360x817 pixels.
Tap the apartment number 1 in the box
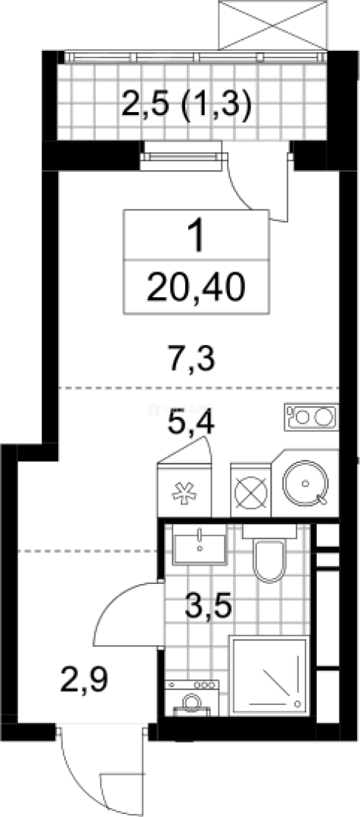tap(197, 238)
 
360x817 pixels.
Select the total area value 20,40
tap(197, 287)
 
